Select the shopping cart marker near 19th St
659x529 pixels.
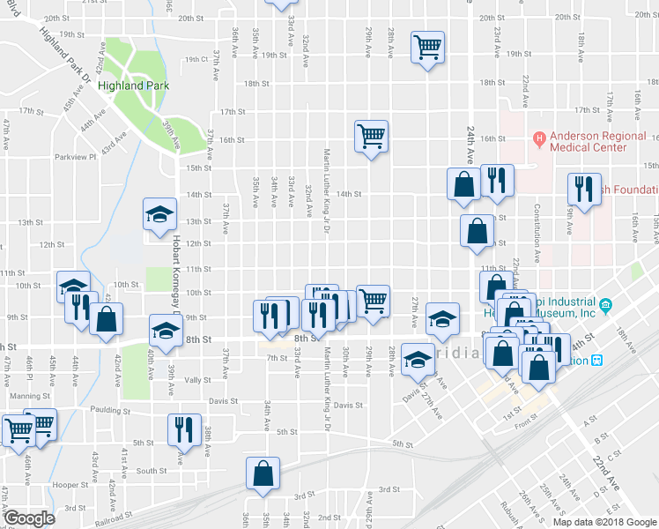(428, 46)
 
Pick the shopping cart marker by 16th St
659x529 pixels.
(371, 136)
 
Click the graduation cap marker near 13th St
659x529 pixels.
(160, 214)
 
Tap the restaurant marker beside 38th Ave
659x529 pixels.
(184, 428)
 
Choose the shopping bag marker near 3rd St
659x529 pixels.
(263, 473)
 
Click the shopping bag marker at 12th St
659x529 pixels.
(477, 230)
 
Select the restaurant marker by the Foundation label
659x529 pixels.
(582, 188)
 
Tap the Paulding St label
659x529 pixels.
(107, 411)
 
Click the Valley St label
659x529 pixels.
(197, 380)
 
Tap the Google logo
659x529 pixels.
(28, 518)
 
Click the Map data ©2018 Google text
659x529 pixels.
(604, 522)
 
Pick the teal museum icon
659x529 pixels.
(607, 306)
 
